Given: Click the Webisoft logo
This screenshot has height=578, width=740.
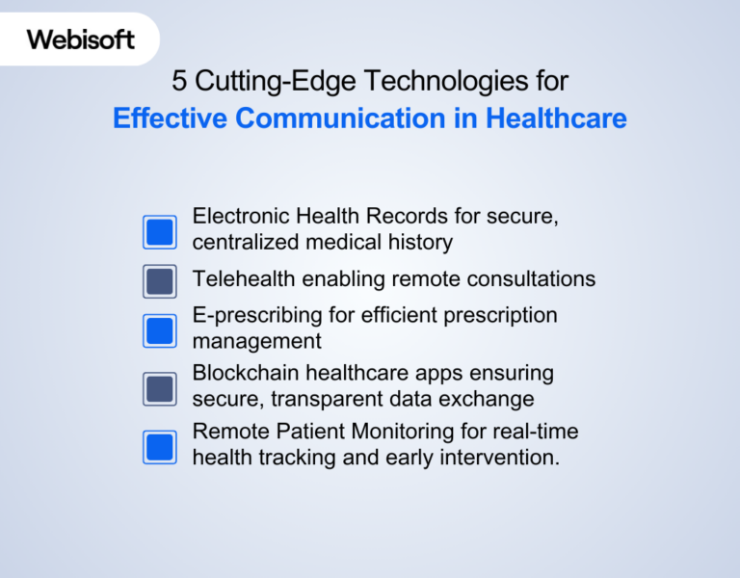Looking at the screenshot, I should (x=80, y=39).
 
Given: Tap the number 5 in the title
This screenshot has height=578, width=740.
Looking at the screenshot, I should (x=179, y=81).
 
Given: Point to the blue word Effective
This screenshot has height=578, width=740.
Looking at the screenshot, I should (x=171, y=118).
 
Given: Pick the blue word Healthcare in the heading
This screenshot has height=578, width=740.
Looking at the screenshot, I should (x=556, y=118).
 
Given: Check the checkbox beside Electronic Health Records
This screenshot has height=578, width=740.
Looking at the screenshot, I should (x=160, y=232).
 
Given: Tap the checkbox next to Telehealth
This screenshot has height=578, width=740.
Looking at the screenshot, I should (x=160, y=281).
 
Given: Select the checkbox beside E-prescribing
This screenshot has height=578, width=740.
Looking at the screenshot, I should (x=160, y=330).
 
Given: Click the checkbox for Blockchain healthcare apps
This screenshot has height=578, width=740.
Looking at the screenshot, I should (x=160, y=388).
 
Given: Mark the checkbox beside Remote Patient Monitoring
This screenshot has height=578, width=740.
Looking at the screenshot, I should (x=160, y=447).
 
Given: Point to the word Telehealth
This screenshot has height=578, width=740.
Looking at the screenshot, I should (x=244, y=279).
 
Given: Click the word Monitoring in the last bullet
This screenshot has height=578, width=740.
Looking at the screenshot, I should (x=406, y=432).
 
